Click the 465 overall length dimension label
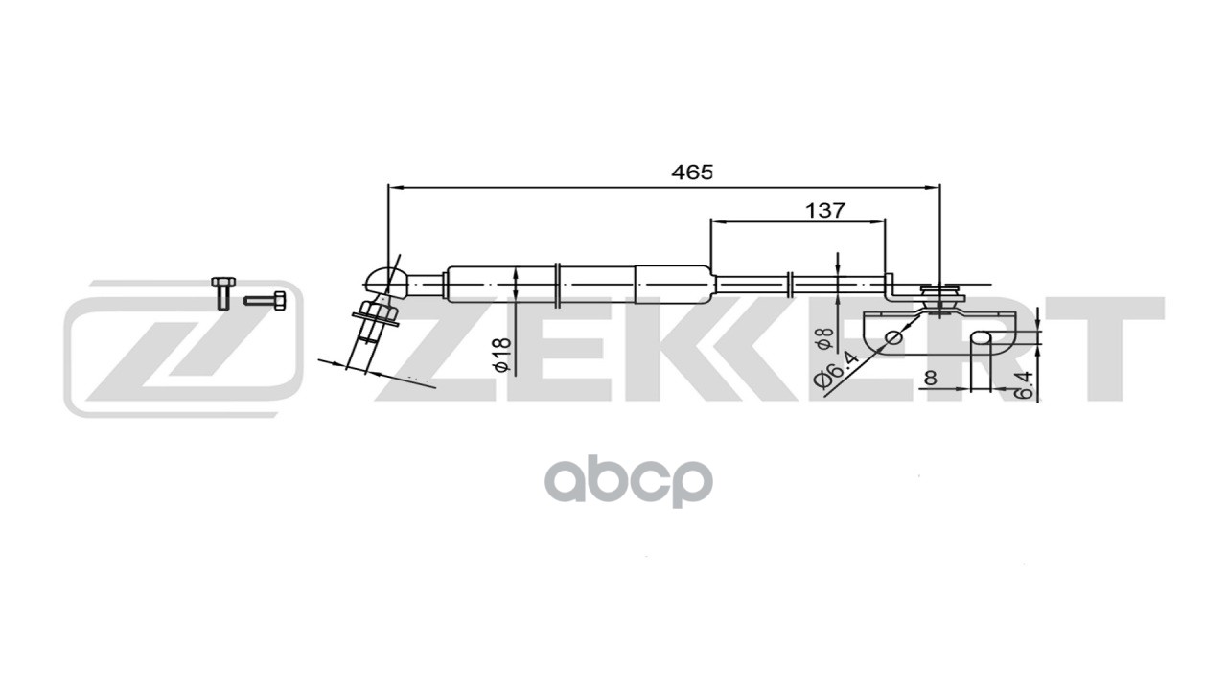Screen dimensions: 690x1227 click(691, 172)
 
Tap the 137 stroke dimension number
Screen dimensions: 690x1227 click(825, 210)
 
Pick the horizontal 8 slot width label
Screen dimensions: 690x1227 click(929, 379)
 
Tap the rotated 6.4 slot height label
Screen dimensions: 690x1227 click(1025, 384)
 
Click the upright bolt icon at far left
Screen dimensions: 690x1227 click(222, 292)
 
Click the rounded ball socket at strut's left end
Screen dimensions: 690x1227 click(381, 278)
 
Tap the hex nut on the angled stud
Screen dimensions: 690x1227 click(374, 311)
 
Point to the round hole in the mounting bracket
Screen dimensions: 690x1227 click(893, 336)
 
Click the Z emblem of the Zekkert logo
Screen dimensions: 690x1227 click(182, 349)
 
